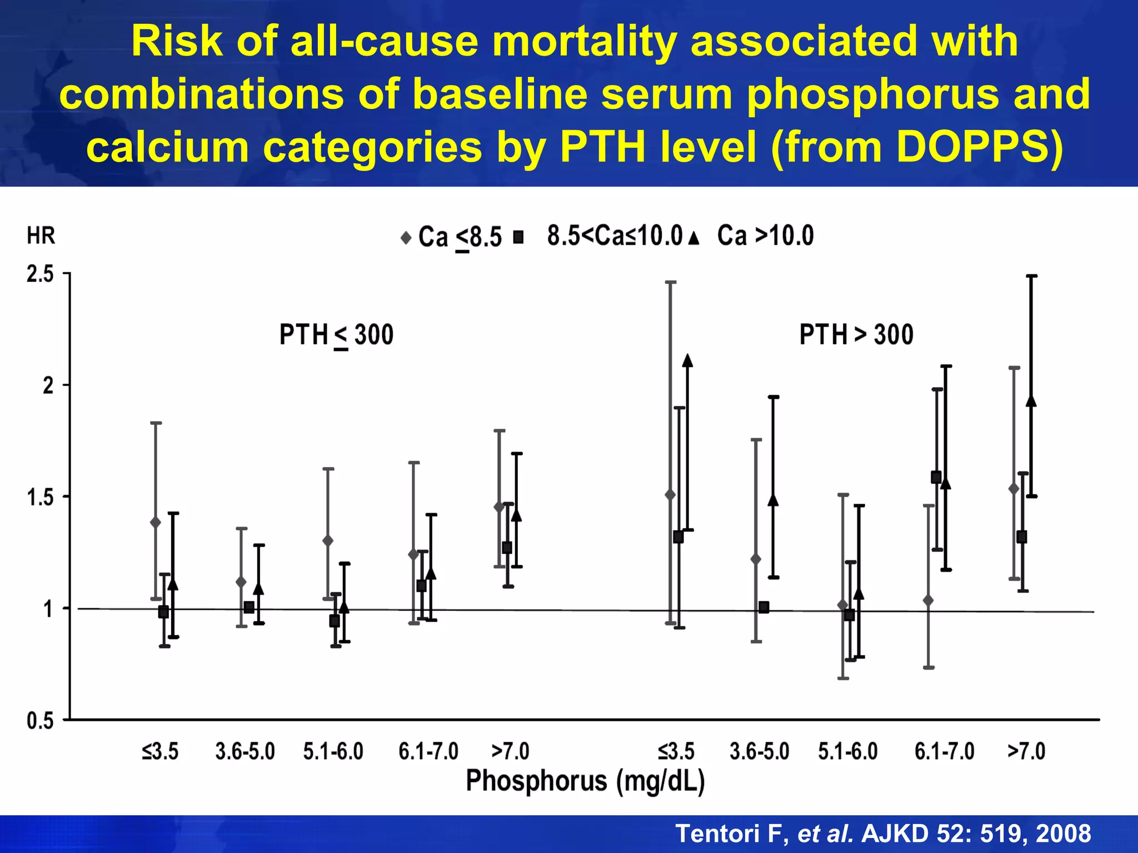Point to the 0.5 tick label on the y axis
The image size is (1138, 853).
pos(40,721)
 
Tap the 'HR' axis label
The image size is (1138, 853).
pos(41,235)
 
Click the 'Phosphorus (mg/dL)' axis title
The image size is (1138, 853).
pos(585,781)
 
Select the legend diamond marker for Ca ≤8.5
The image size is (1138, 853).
pos(406,238)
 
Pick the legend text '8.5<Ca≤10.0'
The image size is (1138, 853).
pos(615,235)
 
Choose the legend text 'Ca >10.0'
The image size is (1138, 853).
pos(765,235)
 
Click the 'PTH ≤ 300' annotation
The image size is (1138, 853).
pos(336,335)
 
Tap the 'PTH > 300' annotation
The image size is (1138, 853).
pos(856,335)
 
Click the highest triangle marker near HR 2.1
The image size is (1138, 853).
pos(687,361)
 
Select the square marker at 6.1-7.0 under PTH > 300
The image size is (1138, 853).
pos(936,477)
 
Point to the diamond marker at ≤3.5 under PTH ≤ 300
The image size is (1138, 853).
pos(156,522)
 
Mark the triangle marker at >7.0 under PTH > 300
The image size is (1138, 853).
pos(1031,401)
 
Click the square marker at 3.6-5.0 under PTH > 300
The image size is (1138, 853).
pos(764,607)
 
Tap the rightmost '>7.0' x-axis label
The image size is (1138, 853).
pos(1026,751)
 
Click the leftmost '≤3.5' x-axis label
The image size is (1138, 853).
pos(160,751)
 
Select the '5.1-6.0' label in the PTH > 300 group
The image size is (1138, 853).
pos(848,751)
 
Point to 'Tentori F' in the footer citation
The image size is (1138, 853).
pos(730,834)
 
